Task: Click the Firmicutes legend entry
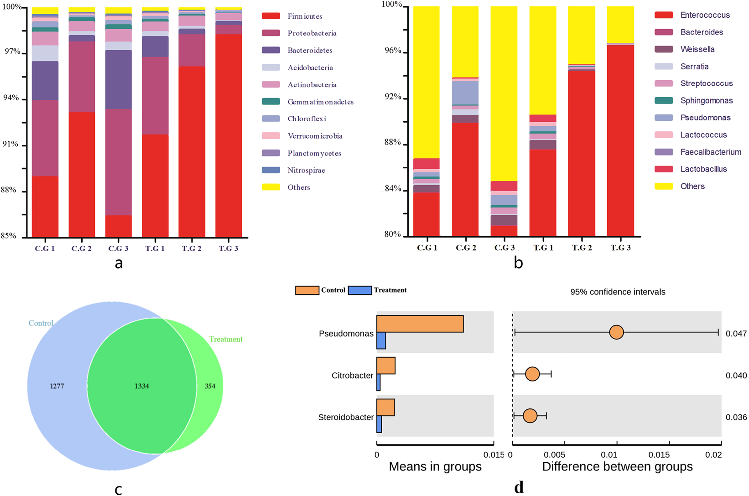(x=304, y=16)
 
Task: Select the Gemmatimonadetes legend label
(x=320, y=102)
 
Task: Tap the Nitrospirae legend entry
(x=306, y=170)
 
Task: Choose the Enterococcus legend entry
(x=705, y=15)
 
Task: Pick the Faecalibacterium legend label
(x=711, y=152)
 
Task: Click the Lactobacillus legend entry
(x=703, y=169)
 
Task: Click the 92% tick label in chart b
(x=393, y=97)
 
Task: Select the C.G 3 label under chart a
(x=118, y=248)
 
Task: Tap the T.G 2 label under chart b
(x=582, y=248)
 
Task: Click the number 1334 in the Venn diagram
(x=141, y=386)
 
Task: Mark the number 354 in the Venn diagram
(x=210, y=386)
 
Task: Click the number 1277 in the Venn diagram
(x=57, y=386)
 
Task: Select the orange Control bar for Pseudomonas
(x=420, y=324)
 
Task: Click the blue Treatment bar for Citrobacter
(x=379, y=383)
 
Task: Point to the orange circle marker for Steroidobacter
(x=530, y=416)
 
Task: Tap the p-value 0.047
(x=736, y=334)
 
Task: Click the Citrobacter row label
(x=352, y=376)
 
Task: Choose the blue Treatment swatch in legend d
(x=359, y=290)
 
